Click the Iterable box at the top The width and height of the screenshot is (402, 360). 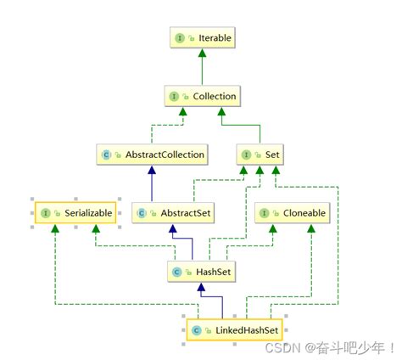click(201, 38)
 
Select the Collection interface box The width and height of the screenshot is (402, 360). click(201, 96)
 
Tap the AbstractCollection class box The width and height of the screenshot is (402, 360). click(153, 155)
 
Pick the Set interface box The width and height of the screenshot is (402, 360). click(260, 155)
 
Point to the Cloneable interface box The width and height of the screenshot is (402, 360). click(291, 213)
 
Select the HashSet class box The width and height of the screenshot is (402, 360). click(201, 272)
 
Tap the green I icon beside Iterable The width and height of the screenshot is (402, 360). click(181, 38)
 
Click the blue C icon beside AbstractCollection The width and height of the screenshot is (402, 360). click(107, 155)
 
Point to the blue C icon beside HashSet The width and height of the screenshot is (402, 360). click(176, 272)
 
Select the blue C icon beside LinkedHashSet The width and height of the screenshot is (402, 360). click(196, 329)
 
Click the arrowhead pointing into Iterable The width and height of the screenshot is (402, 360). click(201, 54)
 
